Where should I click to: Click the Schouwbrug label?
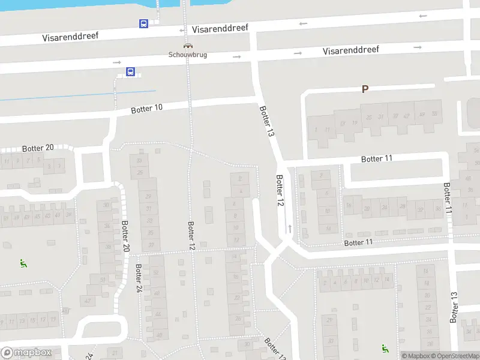(x=188, y=55)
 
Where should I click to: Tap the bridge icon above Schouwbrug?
(x=188, y=46)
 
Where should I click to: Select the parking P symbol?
(x=364, y=89)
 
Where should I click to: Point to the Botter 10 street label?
(x=147, y=109)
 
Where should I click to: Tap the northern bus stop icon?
(x=144, y=24)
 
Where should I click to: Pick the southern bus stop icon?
(x=130, y=72)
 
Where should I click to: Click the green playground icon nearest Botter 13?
(x=384, y=348)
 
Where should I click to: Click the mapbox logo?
(x=26, y=353)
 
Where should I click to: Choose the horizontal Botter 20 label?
(x=38, y=148)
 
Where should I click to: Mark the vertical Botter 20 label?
(x=125, y=239)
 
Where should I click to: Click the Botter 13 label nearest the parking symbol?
(x=266, y=122)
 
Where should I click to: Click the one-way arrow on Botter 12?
(x=290, y=228)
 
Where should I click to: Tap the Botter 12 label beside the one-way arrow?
(x=280, y=191)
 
